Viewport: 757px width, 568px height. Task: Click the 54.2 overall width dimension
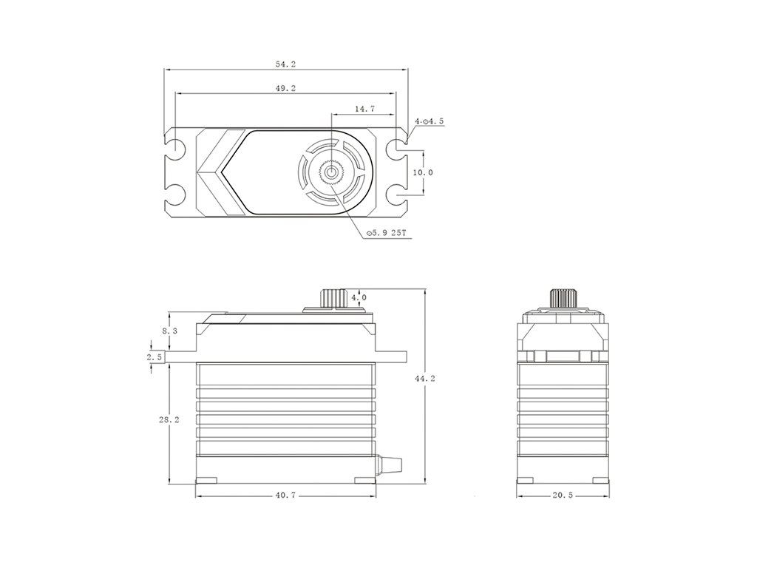click(x=286, y=64)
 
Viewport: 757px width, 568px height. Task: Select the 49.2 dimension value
click(x=286, y=88)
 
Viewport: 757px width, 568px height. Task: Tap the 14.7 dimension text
click(x=364, y=109)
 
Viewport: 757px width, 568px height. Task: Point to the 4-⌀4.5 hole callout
click(x=429, y=121)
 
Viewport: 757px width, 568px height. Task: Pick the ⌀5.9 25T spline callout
click(x=387, y=233)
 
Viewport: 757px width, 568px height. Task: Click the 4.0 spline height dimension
click(x=359, y=297)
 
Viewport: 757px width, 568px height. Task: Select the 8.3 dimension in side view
click(x=169, y=331)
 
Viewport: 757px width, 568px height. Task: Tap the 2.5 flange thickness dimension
click(x=155, y=357)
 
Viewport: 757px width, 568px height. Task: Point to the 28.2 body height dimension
click(x=169, y=420)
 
